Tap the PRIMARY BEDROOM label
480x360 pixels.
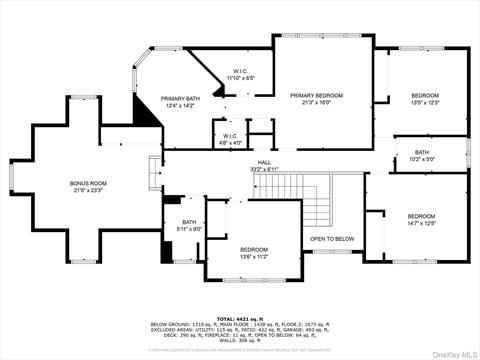(316, 95)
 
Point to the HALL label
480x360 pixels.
(264, 161)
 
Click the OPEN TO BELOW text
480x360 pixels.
(332, 238)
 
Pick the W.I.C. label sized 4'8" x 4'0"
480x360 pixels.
(229, 136)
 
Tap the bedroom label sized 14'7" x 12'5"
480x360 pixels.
(420, 216)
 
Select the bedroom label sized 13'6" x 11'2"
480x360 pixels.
(253, 249)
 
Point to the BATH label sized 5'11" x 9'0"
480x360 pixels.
(189, 222)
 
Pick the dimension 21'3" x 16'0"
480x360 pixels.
(316, 102)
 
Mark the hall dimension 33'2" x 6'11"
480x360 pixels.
(264, 168)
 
